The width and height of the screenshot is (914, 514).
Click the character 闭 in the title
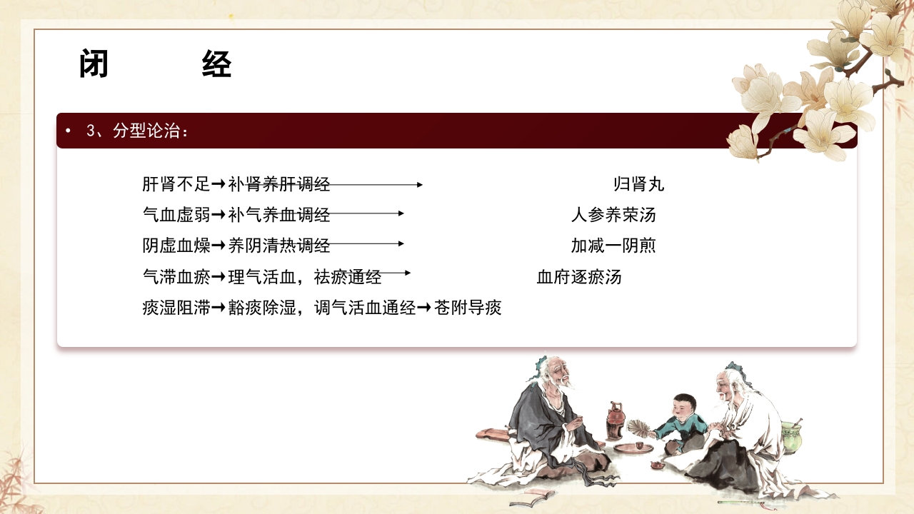point(94,65)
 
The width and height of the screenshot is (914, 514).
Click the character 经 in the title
point(217,65)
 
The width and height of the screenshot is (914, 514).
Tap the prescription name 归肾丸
point(638,184)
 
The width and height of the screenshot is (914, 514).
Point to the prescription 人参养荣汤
point(613,215)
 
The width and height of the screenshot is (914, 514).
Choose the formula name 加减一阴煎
point(613,246)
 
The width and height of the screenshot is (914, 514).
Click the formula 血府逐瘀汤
point(578,277)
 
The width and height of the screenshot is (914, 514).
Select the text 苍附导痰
point(468,308)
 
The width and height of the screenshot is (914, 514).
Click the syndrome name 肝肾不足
point(176,184)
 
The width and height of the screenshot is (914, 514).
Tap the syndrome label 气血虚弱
point(176,215)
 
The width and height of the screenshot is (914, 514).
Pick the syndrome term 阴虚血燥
point(176,246)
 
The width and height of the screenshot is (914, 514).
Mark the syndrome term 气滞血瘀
point(176,277)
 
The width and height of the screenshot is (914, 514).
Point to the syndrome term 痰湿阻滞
point(176,308)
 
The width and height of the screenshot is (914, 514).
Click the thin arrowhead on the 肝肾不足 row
point(419,184)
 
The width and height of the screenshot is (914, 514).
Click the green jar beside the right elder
point(790,437)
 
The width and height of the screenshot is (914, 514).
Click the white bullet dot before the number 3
point(68,131)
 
